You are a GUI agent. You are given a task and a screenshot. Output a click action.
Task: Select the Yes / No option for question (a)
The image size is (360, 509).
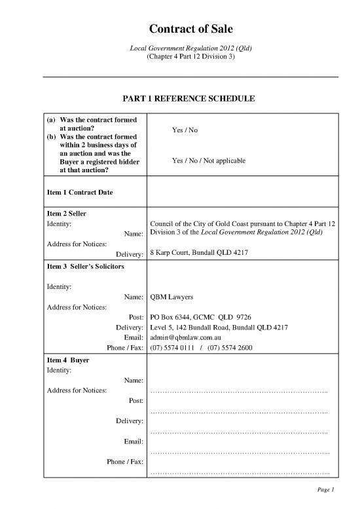coord(185,130)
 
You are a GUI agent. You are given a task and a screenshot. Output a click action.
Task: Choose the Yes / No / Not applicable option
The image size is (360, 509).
coord(208,161)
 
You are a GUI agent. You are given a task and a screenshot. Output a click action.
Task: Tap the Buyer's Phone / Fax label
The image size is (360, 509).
coord(125,462)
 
